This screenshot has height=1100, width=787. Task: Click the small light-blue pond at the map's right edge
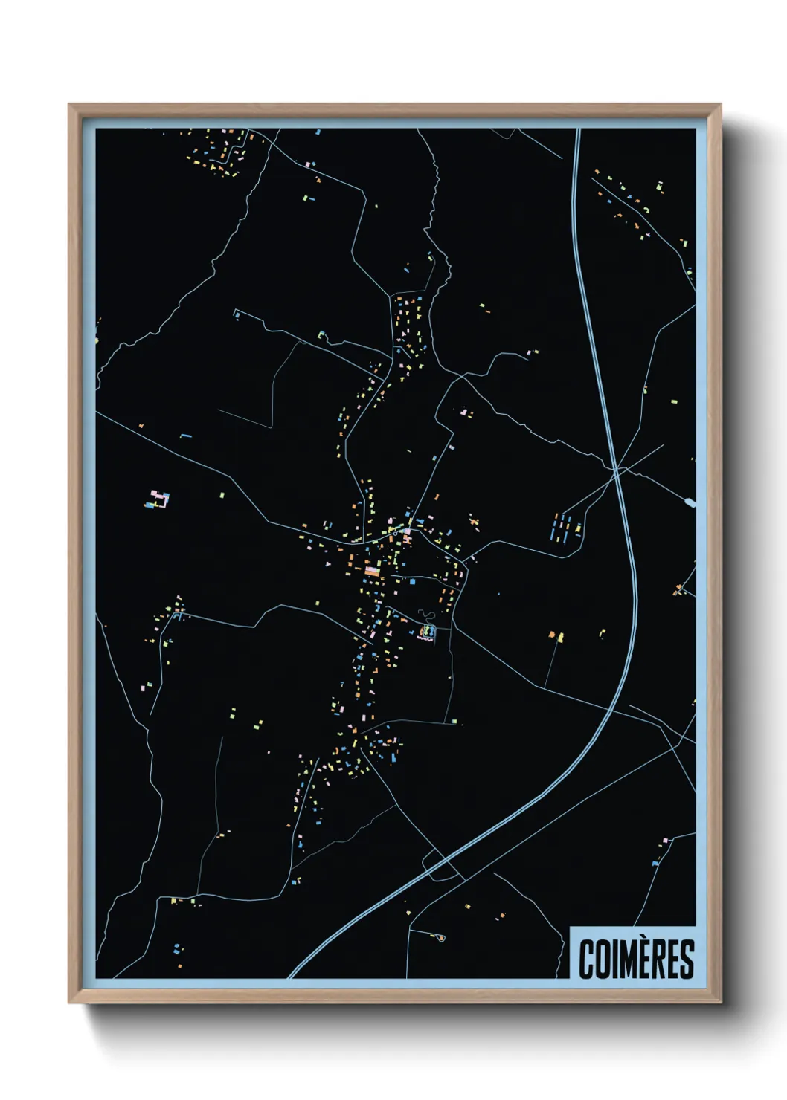[x=691, y=502]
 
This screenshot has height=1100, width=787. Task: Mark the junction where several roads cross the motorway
[x=617, y=468]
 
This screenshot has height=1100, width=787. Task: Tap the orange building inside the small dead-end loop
[x=440, y=939]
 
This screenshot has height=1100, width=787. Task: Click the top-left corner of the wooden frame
[x=70, y=106]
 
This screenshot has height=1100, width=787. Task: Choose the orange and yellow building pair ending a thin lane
[x=556, y=635]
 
